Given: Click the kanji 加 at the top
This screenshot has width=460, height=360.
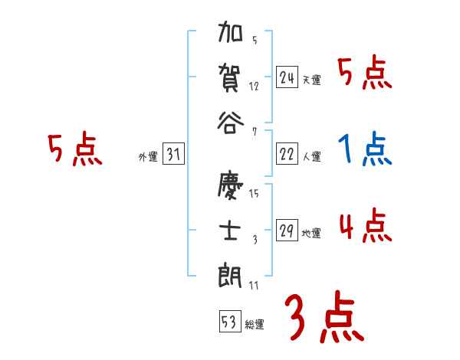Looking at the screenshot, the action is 231,34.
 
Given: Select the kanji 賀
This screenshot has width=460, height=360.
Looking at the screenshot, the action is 231,77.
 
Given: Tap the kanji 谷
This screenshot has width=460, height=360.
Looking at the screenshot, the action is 231,121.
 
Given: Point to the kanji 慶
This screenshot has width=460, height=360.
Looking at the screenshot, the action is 231,186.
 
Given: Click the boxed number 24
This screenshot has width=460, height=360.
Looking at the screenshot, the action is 287,77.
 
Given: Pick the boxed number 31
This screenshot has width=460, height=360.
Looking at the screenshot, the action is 174,155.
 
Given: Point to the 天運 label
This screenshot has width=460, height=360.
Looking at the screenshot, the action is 311,80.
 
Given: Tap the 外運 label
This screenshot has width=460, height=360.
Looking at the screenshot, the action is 148,157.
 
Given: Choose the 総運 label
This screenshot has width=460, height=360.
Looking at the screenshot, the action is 255,323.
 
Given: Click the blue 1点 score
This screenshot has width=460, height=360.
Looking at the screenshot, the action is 365,149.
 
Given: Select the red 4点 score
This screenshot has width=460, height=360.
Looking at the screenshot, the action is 365,226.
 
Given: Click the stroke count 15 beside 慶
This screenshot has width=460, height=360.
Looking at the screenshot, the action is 255,193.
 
